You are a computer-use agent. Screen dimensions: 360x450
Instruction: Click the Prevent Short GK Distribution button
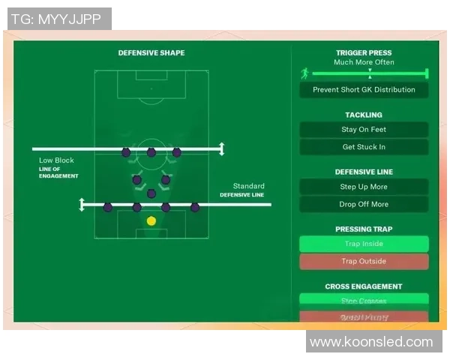(364, 90)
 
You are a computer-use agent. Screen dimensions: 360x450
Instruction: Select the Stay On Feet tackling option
(364, 130)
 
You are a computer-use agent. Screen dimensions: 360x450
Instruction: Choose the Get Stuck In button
(364, 147)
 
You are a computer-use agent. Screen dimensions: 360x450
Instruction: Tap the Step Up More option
(364, 187)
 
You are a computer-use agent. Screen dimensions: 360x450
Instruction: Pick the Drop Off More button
(364, 204)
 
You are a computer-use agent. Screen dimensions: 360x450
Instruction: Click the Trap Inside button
(364, 244)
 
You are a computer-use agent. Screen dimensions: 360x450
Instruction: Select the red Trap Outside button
(364, 262)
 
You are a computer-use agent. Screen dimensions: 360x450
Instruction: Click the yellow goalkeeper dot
(151, 220)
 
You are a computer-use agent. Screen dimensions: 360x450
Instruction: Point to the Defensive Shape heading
(151, 53)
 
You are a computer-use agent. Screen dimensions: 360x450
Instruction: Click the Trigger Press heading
(364, 53)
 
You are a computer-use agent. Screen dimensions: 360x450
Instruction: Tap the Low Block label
(57, 160)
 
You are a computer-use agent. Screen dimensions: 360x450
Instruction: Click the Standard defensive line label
(248, 186)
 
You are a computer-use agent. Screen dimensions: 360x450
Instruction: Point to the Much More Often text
(364, 62)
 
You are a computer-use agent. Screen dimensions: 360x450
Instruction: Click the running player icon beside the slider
(304, 73)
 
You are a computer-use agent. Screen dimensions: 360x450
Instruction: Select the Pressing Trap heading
(364, 229)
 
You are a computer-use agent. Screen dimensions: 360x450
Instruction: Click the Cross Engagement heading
(364, 286)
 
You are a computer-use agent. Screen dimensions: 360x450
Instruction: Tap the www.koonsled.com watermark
(371, 342)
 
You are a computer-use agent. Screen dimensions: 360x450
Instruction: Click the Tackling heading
(364, 115)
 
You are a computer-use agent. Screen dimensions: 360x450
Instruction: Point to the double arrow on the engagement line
(220, 149)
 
